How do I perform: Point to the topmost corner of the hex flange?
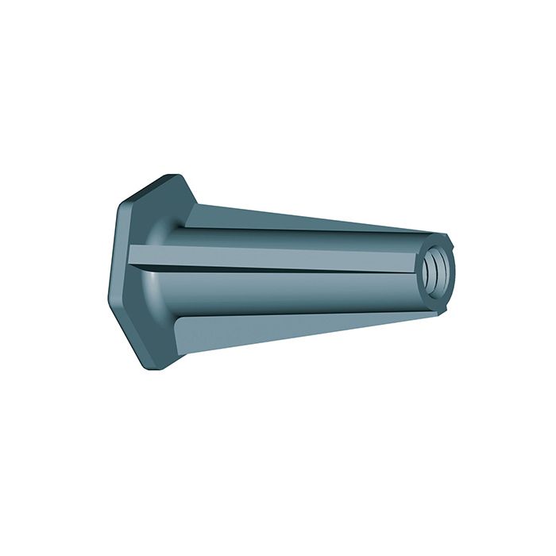coord(168,175)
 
